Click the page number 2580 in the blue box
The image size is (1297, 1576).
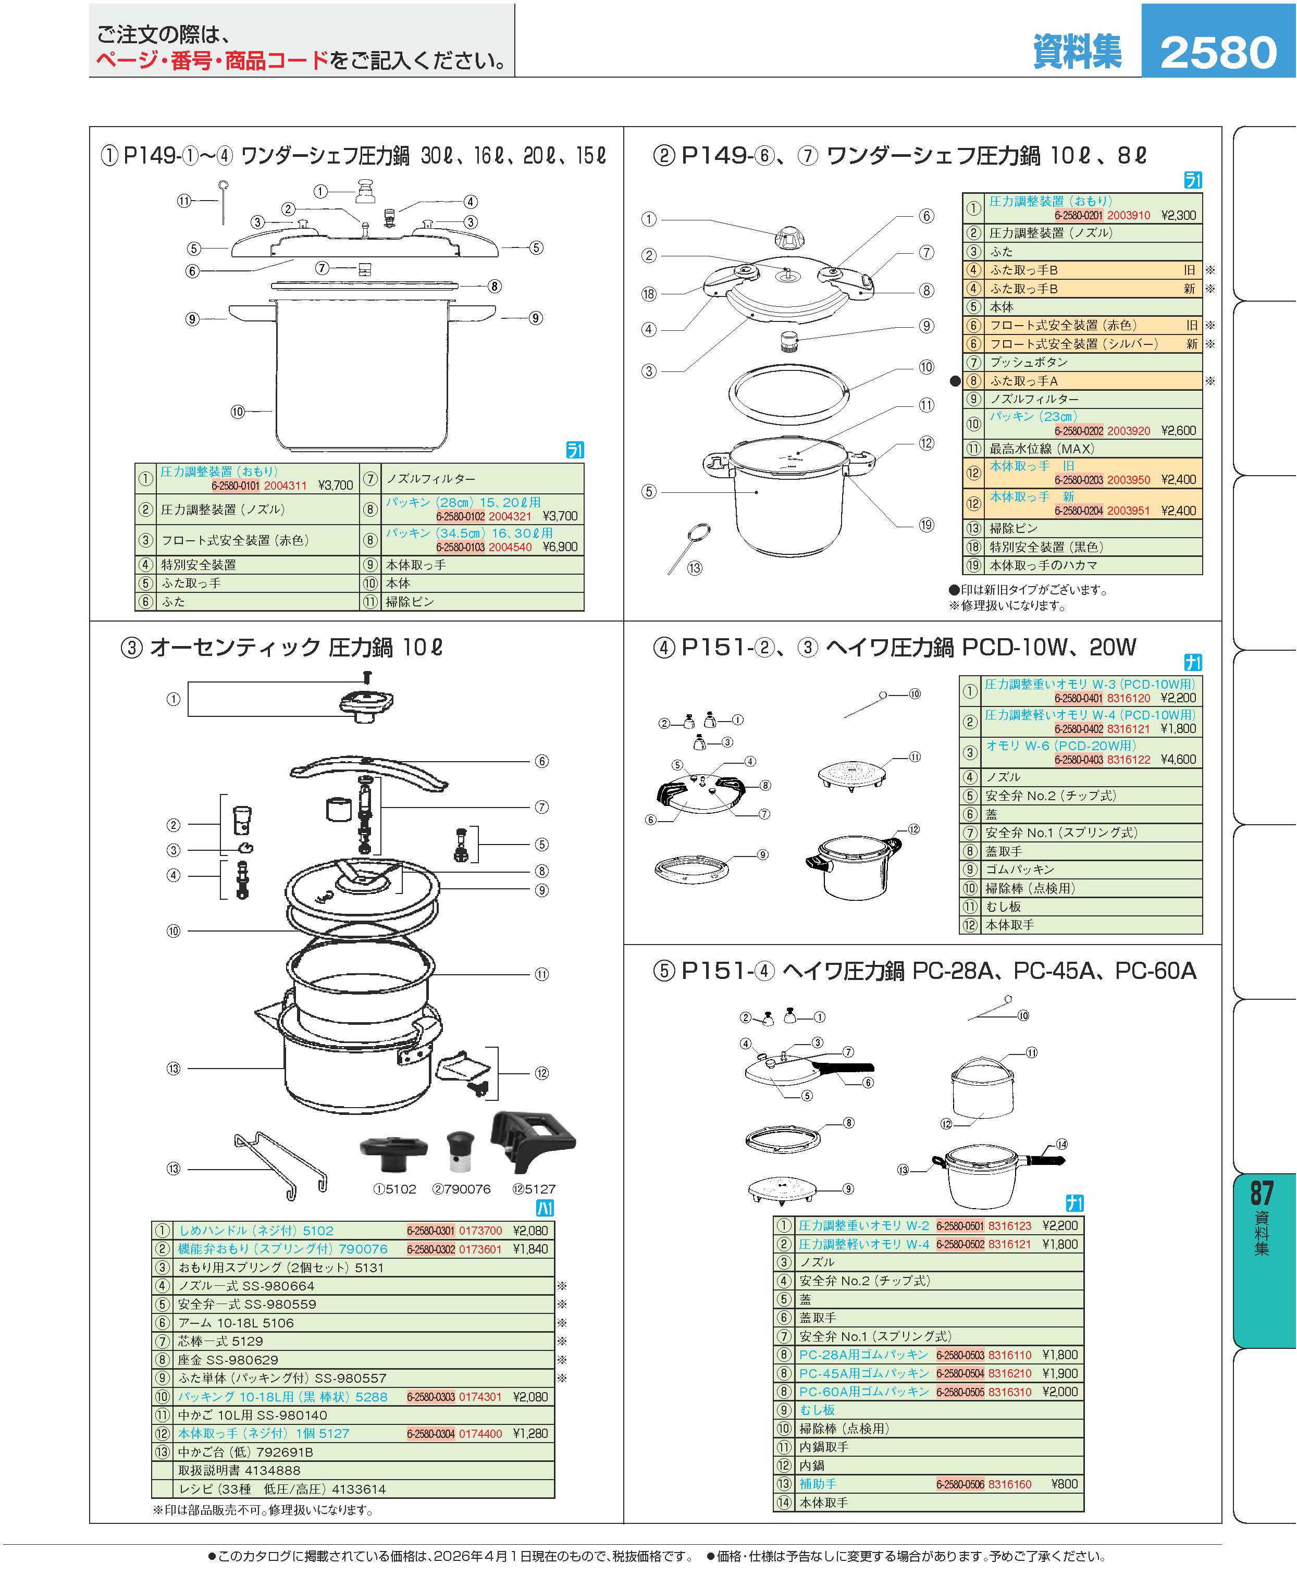pyautogui.click(x=1218, y=52)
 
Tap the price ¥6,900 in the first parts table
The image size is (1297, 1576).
pyautogui.click(x=560, y=547)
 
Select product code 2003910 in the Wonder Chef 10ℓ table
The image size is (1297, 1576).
pyautogui.click(x=1128, y=215)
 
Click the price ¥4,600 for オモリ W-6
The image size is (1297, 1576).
pyautogui.click(x=1178, y=759)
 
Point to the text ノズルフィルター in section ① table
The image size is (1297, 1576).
pyautogui.click(x=430, y=479)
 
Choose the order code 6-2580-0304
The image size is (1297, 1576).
pyautogui.click(x=430, y=1433)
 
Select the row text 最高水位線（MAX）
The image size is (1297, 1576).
pyautogui.click(x=1042, y=449)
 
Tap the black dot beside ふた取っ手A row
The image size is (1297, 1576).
pyautogui.click(x=955, y=381)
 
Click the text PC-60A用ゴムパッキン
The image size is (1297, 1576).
pyautogui.click(x=863, y=1392)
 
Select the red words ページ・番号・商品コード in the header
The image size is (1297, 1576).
pyautogui.click(x=212, y=60)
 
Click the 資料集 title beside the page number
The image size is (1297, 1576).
pyautogui.click(x=1077, y=52)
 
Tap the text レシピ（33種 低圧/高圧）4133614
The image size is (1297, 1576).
pyautogui.click(x=282, y=1488)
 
